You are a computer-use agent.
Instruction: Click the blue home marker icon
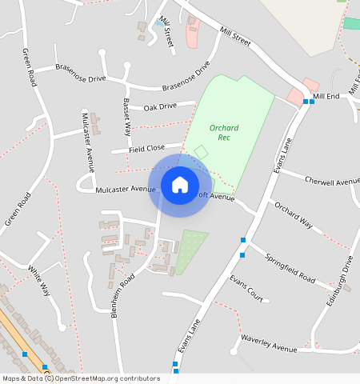click(x=180, y=186)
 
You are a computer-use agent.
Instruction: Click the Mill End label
click(x=326, y=96)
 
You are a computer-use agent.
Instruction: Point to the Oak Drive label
click(x=160, y=106)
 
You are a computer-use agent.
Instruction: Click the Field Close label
click(x=146, y=148)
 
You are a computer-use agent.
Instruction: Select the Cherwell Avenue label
click(x=332, y=181)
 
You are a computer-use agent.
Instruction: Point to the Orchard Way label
click(x=293, y=215)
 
